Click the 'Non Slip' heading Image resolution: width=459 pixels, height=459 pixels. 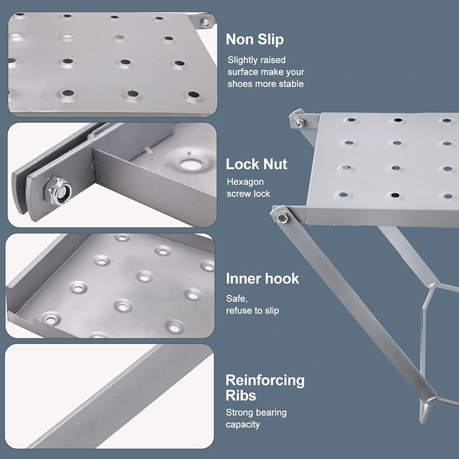255,39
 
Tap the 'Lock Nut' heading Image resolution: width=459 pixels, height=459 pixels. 256,164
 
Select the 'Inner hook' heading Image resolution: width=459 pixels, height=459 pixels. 262,279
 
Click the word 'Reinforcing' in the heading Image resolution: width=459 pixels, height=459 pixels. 265,380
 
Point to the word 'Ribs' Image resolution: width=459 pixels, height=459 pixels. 240,395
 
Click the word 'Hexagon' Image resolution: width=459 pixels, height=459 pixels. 246,182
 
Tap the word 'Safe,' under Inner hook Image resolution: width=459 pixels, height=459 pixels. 237,299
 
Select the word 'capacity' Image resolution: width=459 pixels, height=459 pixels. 243,425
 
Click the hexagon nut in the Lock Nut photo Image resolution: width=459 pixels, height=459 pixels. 58,190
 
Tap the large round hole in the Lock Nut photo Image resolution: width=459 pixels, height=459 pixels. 190,165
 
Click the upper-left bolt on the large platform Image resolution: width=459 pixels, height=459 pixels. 299,123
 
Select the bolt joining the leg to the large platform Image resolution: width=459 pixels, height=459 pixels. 282,218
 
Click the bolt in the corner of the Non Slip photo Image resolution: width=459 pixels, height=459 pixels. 206,23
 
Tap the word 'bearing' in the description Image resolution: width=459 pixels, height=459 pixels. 271,413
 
